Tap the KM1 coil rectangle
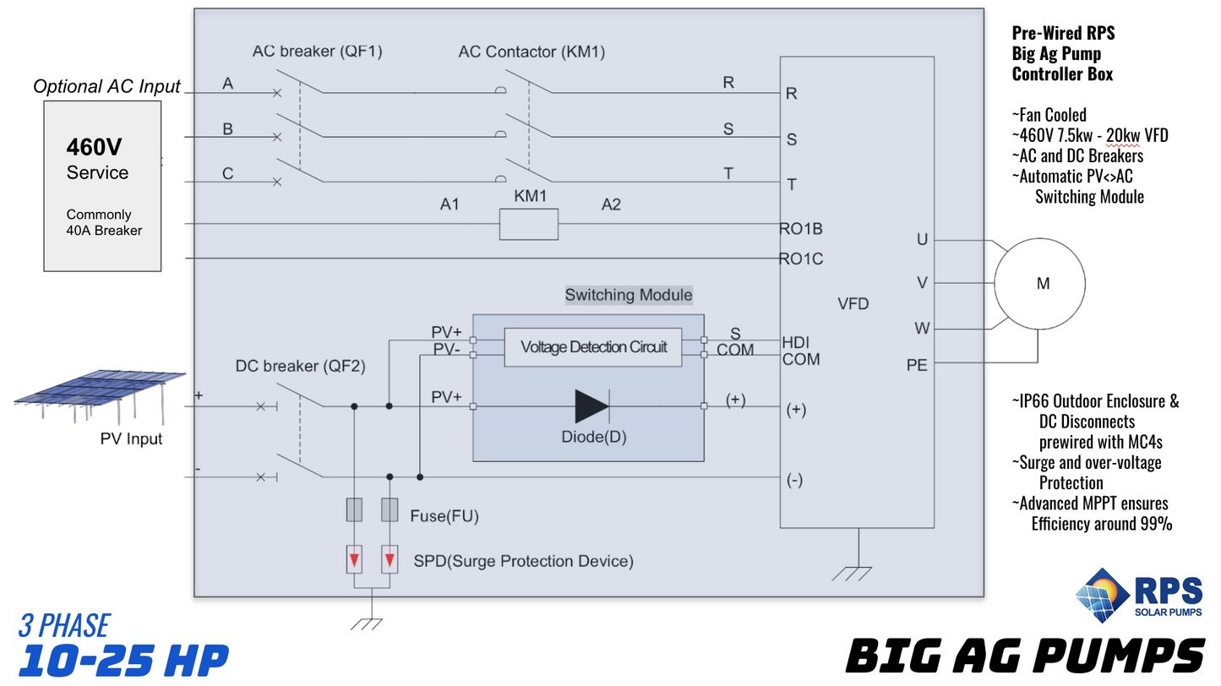(529, 225)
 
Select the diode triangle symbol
(592, 406)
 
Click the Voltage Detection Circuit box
(593, 347)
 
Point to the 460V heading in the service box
(95, 148)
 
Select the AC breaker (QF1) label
(317, 52)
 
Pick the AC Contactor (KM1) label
(531, 52)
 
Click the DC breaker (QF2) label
(300, 366)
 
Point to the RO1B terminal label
(800, 229)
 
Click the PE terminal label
(917, 366)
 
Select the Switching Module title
(629, 295)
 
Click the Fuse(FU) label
(438, 515)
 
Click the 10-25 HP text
(123, 660)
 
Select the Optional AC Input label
(107, 86)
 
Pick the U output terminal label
(922, 240)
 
